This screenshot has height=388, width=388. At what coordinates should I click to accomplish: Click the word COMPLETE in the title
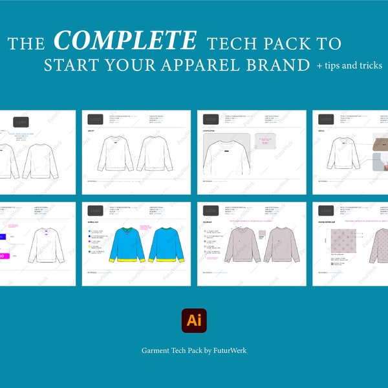pos(125,41)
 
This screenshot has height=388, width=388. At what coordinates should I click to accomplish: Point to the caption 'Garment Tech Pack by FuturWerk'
pos(194,350)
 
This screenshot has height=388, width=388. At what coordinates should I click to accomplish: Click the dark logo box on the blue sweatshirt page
pos(96,211)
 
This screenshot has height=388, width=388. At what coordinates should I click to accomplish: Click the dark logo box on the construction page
pos(211,120)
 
